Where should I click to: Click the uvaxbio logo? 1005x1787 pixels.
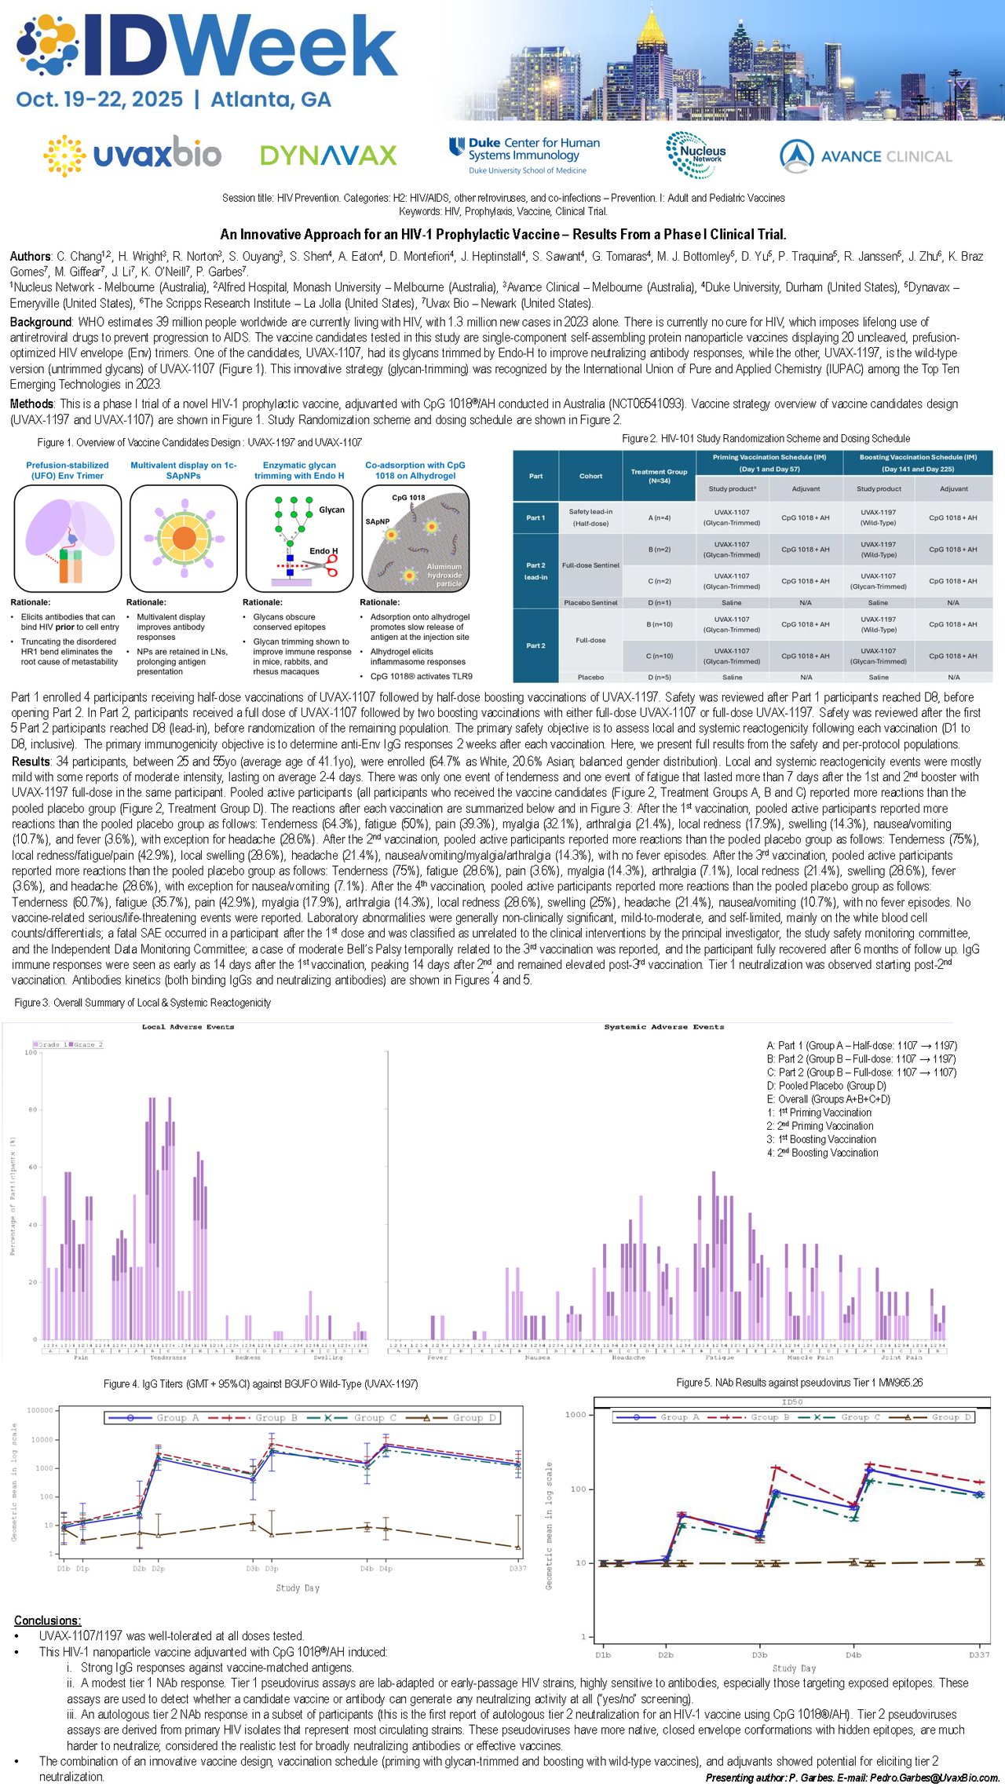[x=132, y=155]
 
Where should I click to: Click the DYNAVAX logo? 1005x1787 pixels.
[x=328, y=155]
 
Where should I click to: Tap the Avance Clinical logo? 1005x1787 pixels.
[x=865, y=156]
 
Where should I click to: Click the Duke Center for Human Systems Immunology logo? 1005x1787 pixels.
[x=524, y=155]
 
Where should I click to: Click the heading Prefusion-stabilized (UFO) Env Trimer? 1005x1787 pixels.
[x=68, y=470]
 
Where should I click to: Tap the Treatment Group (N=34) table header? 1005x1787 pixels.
[x=659, y=476]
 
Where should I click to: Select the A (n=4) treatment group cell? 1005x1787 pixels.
[x=659, y=517]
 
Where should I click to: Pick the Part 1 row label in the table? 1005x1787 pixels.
[x=535, y=517]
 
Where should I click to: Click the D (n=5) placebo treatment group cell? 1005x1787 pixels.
[x=659, y=677]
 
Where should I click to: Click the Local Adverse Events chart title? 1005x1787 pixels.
[x=188, y=1026]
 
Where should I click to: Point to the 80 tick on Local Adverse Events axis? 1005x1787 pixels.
[x=32, y=1109]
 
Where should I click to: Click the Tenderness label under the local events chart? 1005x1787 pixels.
[x=168, y=1357]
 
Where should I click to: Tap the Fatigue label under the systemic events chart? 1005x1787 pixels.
[x=719, y=1357]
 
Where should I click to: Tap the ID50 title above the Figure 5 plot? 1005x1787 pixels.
[x=792, y=1401]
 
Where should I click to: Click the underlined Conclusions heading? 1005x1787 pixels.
[x=47, y=1620]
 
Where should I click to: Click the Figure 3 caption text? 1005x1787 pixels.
[x=143, y=1003]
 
